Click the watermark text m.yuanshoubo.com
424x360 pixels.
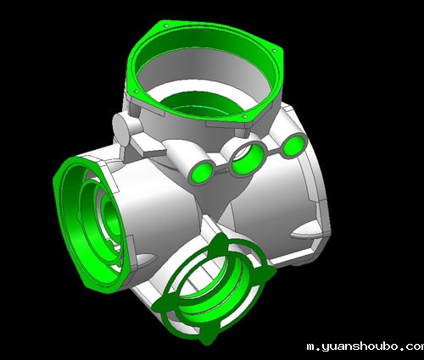click(365, 346)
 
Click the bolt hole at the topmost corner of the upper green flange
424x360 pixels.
click(166, 26)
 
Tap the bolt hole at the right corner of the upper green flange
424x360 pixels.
click(274, 51)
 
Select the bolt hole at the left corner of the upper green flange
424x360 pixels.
click(137, 91)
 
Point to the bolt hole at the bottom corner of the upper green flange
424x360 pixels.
click(245, 116)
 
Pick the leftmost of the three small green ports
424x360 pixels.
click(202, 173)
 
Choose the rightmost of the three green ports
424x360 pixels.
click(294, 146)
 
